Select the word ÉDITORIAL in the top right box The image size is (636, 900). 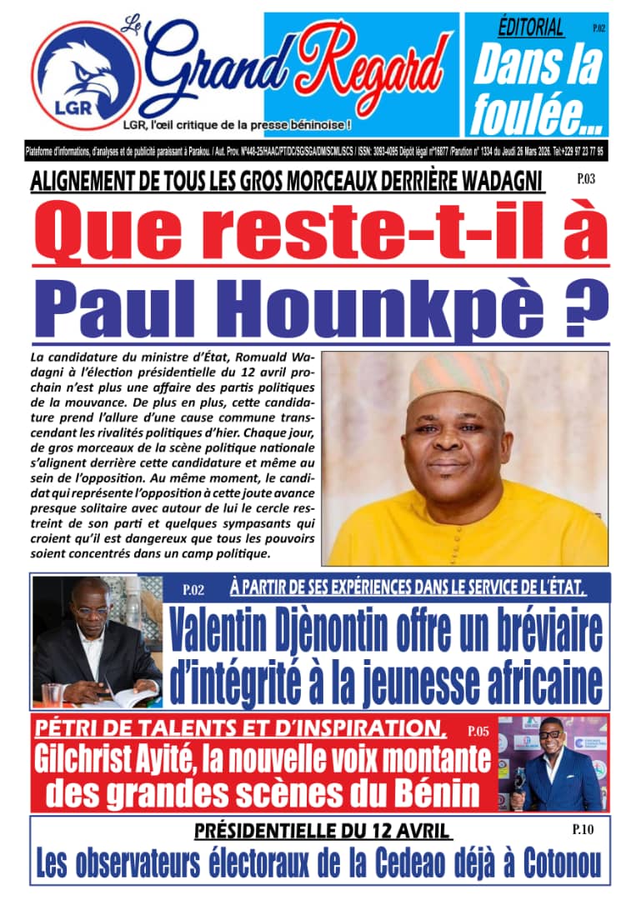(x=531, y=28)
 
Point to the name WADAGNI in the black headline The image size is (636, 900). (x=493, y=180)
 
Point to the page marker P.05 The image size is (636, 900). (x=478, y=732)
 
